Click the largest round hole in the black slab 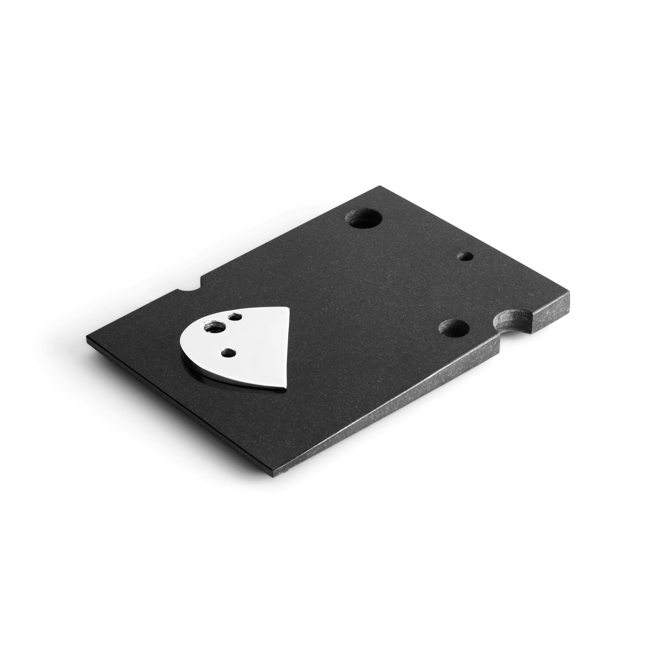(x=364, y=220)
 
